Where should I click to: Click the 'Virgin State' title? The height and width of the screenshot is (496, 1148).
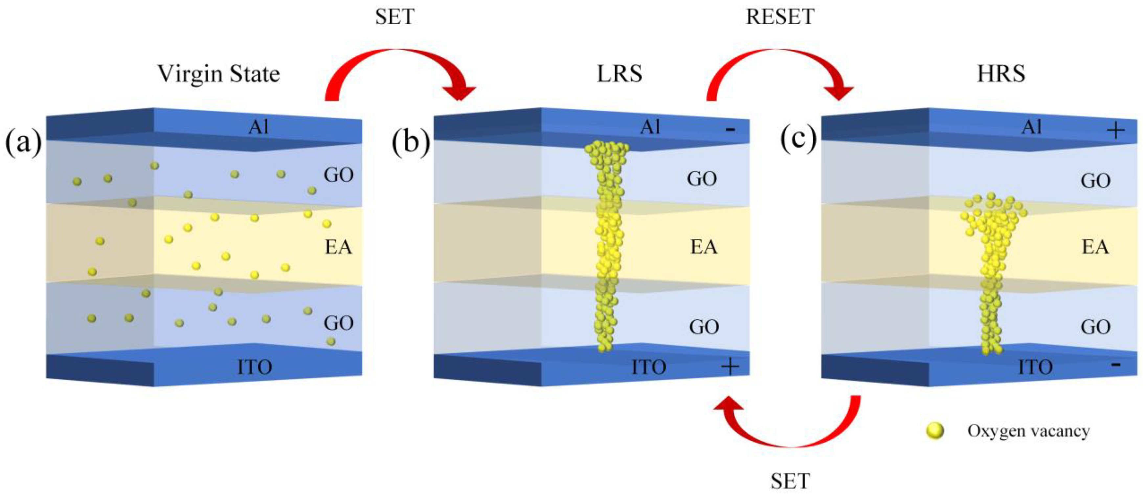click(218, 74)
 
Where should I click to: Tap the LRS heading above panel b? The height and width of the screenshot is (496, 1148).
click(619, 74)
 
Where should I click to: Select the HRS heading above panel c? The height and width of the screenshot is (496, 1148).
click(1001, 74)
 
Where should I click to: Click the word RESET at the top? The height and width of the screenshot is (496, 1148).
click(780, 17)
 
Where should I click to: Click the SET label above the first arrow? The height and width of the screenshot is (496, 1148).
click(395, 17)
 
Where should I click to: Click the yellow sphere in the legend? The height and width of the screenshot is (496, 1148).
click(935, 431)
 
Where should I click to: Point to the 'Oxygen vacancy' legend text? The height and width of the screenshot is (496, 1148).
click(1028, 431)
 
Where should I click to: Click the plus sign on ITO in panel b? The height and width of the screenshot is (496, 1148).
click(730, 366)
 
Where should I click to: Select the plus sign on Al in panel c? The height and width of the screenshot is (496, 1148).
click(1116, 131)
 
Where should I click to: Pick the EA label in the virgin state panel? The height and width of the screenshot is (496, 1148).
click(338, 246)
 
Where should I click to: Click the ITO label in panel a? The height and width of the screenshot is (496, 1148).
click(255, 367)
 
